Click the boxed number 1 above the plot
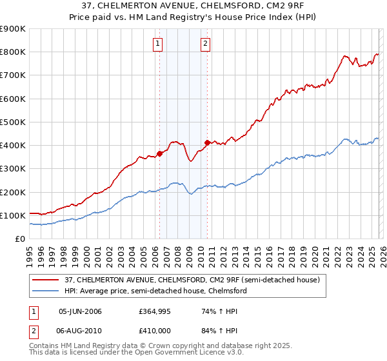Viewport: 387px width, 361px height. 158,44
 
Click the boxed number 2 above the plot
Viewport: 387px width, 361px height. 205,44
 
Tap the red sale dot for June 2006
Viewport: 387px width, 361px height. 159,153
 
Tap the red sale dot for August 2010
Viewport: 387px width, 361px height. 206,142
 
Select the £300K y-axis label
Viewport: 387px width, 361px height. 13,169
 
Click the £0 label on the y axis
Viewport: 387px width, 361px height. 19,239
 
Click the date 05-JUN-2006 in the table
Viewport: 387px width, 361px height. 80,311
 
